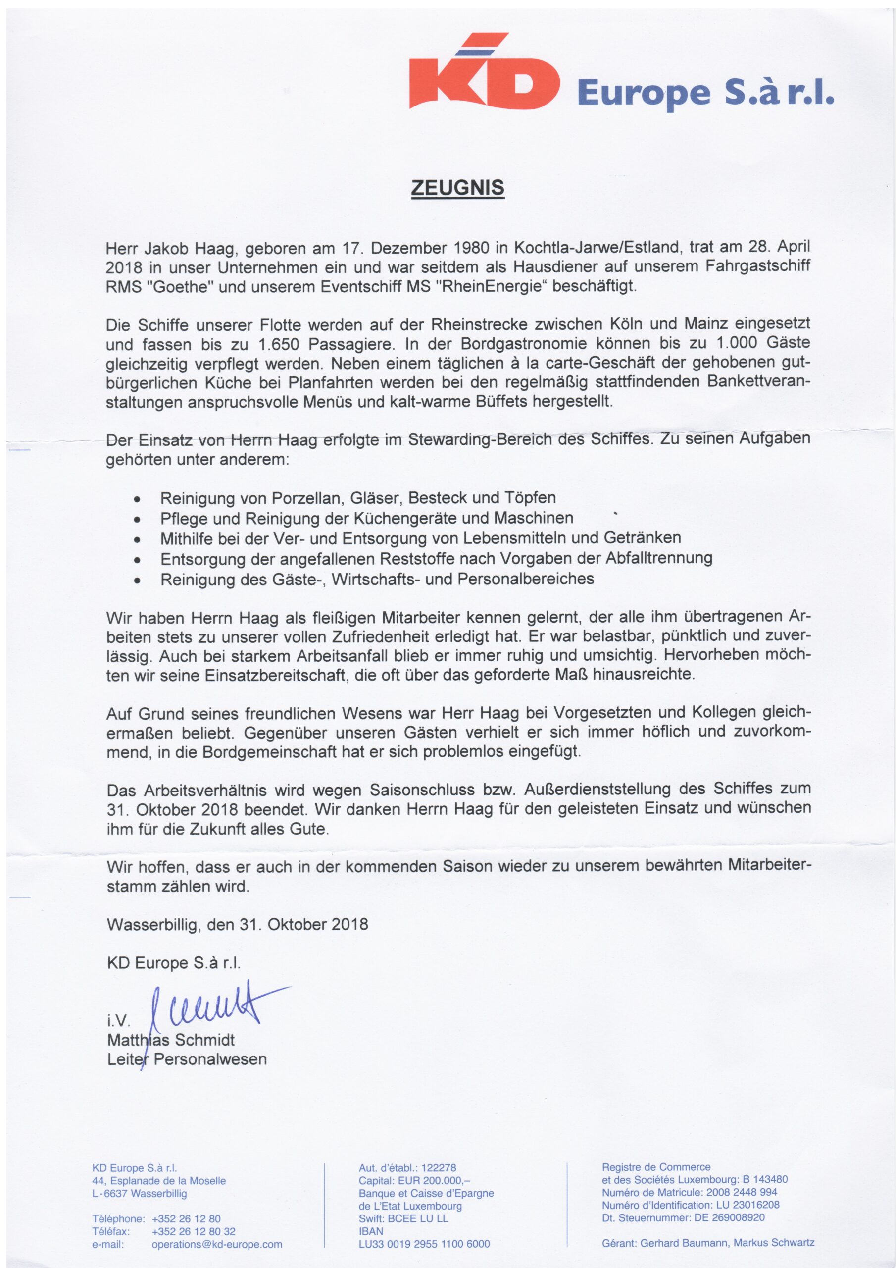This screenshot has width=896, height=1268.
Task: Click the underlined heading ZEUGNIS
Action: pyautogui.click(x=458, y=188)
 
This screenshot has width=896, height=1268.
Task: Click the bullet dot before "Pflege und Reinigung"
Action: pyautogui.click(x=137, y=519)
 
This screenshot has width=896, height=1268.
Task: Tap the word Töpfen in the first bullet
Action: pyautogui.click(x=530, y=498)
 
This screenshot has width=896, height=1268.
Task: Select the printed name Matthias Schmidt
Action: pyautogui.click(x=171, y=1040)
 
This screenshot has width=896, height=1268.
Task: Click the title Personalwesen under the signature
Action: pyautogui.click(x=210, y=1059)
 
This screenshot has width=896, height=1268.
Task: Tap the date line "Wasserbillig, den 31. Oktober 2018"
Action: pyautogui.click(x=238, y=924)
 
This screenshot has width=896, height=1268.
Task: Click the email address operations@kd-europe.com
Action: pyautogui.click(x=217, y=1244)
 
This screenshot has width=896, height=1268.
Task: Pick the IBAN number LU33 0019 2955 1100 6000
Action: pyautogui.click(x=424, y=1244)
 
